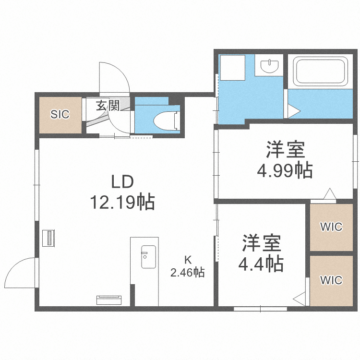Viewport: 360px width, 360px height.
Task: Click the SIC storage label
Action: coord(60,114)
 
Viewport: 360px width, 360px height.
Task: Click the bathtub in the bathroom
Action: coord(321,71)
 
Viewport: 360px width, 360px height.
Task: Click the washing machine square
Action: coord(232,67)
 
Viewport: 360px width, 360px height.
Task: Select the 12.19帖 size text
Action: coord(123,202)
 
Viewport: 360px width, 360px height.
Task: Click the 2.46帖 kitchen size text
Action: coord(188,273)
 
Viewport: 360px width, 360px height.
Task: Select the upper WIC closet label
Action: coord(331,227)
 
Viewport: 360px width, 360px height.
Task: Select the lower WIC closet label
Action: coord(331,279)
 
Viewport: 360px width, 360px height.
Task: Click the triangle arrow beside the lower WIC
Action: coord(300,299)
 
